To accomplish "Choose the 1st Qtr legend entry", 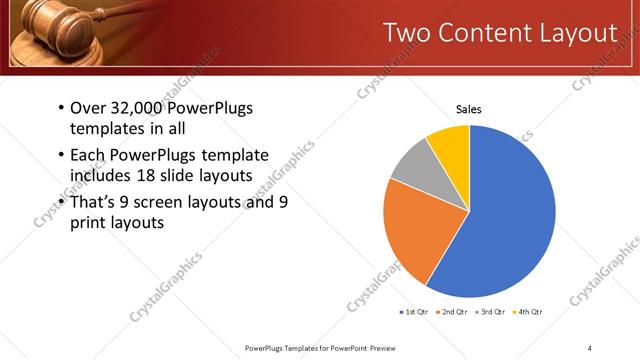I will coord(416,313).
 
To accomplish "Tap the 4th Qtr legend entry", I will coord(530,313).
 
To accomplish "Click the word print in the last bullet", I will coord(88,224).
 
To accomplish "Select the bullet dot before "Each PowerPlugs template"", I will coord(61,155).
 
